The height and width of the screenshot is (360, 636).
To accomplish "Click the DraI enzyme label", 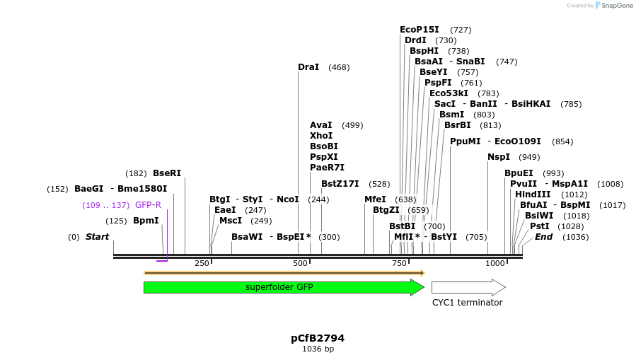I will click(308, 67).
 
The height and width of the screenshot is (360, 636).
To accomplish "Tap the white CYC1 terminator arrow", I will click(468, 287).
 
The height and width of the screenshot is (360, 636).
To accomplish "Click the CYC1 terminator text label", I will click(467, 303).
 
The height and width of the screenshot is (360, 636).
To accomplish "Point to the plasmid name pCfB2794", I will click(318, 338).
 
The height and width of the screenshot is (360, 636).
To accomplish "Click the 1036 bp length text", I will click(318, 349).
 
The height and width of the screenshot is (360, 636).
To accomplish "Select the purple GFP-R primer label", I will click(148, 205).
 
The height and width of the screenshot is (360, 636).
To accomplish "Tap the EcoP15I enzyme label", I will click(419, 30).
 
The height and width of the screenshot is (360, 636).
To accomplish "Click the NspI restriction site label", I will click(498, 157).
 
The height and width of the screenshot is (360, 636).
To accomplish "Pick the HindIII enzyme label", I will click(532, 194).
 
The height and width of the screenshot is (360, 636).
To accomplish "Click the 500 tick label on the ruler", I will click(301, 263).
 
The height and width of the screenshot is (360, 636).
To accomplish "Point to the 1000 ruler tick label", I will click(495, 263).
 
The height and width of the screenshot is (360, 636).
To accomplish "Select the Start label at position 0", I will click(98, 237).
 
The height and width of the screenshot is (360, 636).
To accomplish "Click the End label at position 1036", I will click(543, 237).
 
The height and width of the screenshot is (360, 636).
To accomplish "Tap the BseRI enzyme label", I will click(167, 173).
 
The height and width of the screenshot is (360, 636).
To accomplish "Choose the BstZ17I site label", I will click(340, 184).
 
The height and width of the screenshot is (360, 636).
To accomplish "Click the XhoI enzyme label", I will click(321, 136).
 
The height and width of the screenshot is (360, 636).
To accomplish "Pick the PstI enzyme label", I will click(539, 226).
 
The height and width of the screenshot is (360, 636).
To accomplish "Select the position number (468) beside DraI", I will click(339, 68).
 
